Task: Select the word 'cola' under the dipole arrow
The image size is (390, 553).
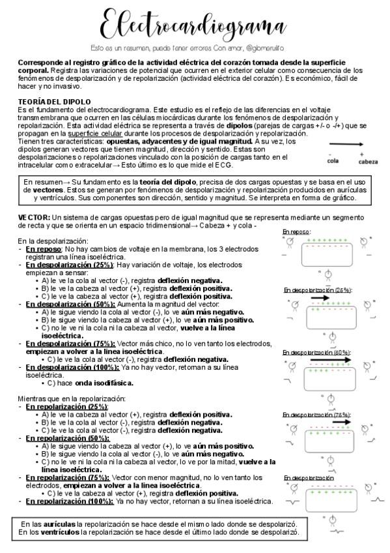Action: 333,160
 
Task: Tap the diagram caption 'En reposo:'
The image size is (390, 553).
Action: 297,232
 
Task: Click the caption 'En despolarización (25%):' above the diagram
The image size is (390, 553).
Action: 317,290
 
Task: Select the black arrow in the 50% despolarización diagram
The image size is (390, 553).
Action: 330,359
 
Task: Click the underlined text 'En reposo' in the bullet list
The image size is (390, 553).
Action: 44,249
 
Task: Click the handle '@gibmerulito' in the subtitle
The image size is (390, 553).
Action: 268,49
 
